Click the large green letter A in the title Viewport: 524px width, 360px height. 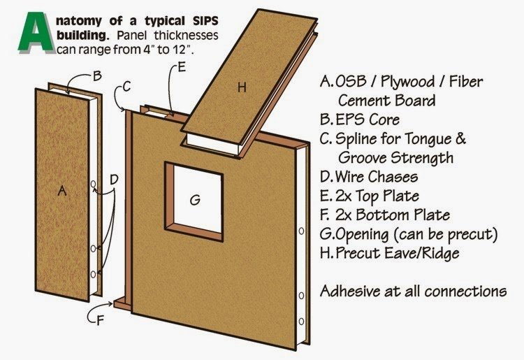point(36,33)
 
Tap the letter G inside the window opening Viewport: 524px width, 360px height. point(195,200)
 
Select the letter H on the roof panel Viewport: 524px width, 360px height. point(242,87)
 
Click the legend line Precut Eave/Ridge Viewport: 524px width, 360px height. point(402,252)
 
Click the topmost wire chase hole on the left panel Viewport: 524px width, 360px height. point(93,185)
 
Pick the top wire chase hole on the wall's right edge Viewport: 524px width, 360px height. point(300,231)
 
